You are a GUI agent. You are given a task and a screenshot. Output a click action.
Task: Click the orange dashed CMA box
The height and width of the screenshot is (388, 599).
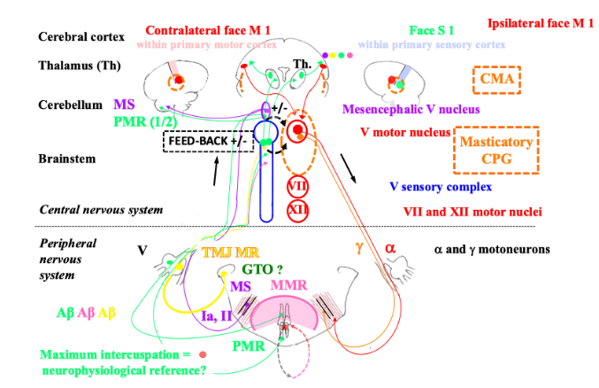497,80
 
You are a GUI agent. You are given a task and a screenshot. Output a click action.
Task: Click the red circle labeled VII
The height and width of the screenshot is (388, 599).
298,186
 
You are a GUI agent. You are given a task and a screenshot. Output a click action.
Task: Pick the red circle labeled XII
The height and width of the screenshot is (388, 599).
298,209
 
